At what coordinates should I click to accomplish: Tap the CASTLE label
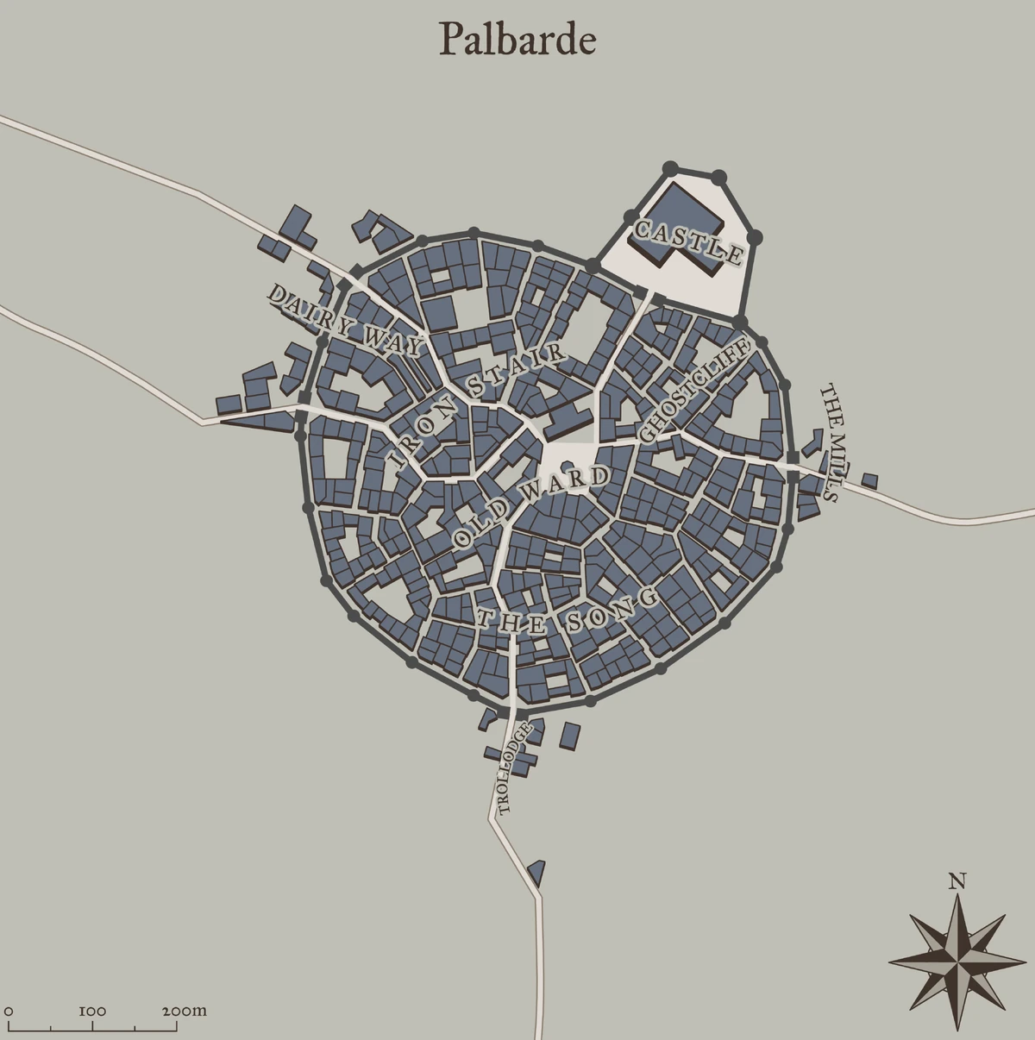pyautogui.click(x=687, y=242)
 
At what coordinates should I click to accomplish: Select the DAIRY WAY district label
pyautogui.click(x=345, y=320)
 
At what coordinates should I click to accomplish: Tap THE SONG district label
pyautogui.click(x=569, y=613)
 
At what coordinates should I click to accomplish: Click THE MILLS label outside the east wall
pyautogui.click(x=829, y=442)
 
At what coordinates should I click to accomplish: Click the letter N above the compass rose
pyautogui.click(x=957, y=881)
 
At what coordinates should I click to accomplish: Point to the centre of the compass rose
pyautogui.click(x=957, y=958)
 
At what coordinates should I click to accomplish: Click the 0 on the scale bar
pyautogui.click(x=9, y=1011)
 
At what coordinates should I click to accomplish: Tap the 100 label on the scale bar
pyautogui.click(x=92, y=1011)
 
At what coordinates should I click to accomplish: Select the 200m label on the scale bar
pyautogui.click(x=185, y=1011)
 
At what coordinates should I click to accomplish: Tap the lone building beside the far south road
pyautogui.click(x=537, y=872)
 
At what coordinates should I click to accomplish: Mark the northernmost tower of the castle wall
pyautogui.click(x=669, y=167)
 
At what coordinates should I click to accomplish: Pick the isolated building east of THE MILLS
pyautogui.click(x=869, y=480)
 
